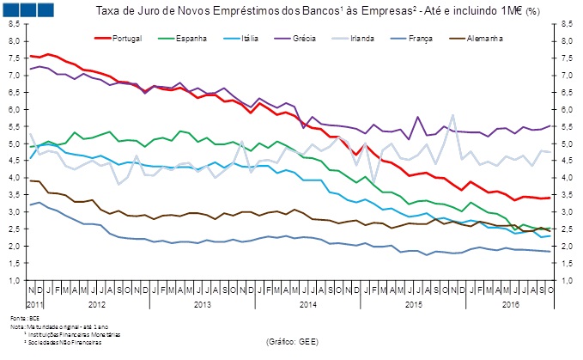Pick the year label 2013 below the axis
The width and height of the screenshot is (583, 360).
tap(202, 304)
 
